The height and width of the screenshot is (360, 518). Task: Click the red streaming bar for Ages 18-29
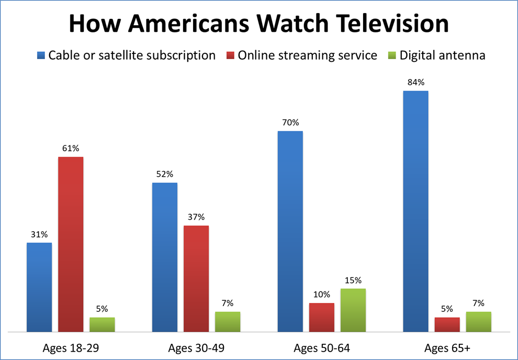(x=71, y=244)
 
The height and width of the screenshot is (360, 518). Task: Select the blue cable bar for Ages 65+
(x=415, y=211)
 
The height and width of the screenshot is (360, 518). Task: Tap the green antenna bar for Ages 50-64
(x=353, y=310)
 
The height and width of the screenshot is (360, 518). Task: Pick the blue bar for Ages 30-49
(x=165, y=257)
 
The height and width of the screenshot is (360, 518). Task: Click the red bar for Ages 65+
(x=447, y=324)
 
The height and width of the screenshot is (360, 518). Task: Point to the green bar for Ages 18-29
(x=102, y=324)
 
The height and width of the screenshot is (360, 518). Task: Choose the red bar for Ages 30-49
(x=196, y=279)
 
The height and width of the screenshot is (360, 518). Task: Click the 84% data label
(x=415, y=83)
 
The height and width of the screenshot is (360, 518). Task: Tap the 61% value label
(x=71, y=149)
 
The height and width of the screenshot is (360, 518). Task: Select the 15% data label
(x=353, y=280)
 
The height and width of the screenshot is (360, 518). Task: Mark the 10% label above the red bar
(x=321, y=295)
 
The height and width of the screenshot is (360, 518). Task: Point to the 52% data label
(x=165, y=174)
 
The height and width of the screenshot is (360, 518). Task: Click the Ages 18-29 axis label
(x=71, y=348)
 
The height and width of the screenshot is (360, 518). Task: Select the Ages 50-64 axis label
(x=321, y=348)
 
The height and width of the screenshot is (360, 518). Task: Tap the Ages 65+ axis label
(x=447, y=348)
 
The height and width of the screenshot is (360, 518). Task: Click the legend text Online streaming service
(x=307, y=55)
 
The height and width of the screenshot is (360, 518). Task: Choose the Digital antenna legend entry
(x=443, y=55)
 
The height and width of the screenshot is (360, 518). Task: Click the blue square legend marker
(x=41, y=55)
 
